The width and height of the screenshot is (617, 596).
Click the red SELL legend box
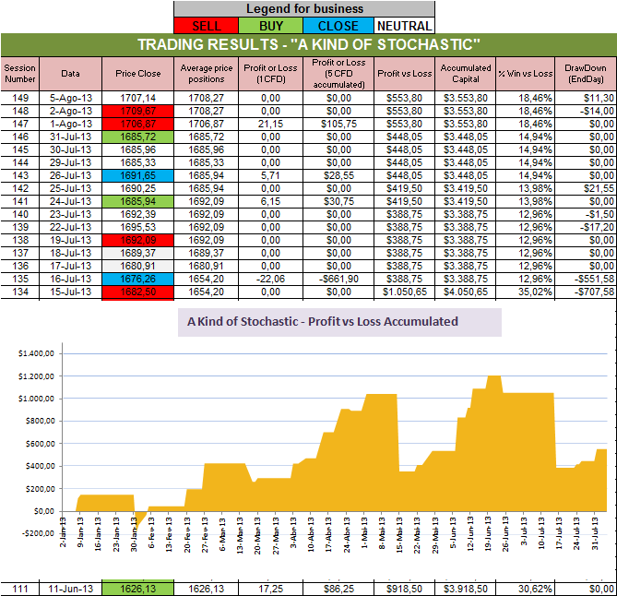click(x=207, y=26)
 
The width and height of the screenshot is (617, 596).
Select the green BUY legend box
click(x=271, y=26)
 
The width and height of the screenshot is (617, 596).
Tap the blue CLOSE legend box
click(x=337, y=26)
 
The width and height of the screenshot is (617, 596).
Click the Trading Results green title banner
click(x=308, y=45)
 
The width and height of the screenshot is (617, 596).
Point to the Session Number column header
click(x=19, y=72)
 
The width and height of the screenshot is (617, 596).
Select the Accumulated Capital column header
click(x=466, y=72)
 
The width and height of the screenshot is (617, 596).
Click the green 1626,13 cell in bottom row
click(x=138, y=588)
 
